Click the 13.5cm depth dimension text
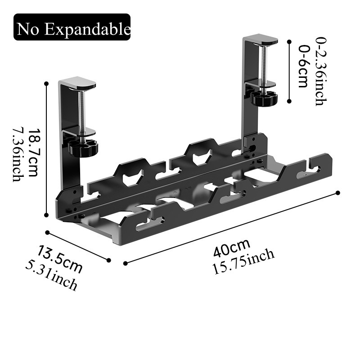point(60,259)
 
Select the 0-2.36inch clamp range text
point(320,72)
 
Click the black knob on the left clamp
point(83,148)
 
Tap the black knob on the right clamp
point(264,98)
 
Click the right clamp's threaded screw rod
point(264,63)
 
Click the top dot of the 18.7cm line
point(46,83)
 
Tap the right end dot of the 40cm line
point(338,193)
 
